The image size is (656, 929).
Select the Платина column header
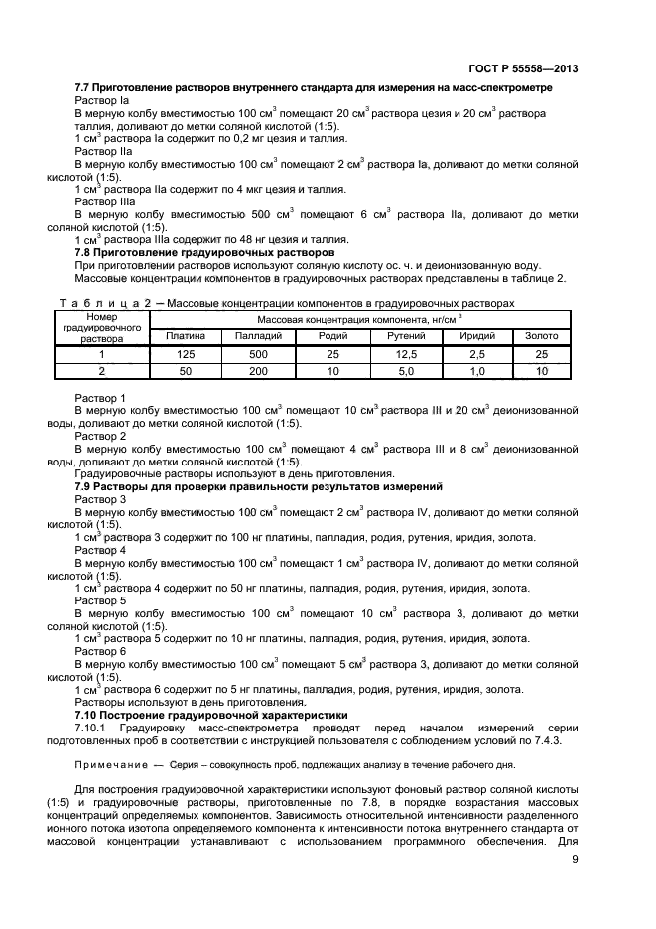coord(186,336)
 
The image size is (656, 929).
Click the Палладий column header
coord(258,336)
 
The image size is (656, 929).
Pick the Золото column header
coord(541,336)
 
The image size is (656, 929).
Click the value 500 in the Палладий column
coord(258,353)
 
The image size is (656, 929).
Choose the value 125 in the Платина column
coord(186,353)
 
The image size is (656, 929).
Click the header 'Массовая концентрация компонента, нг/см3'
coord(360,319)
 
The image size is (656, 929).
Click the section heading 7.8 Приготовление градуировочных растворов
coord(205,252)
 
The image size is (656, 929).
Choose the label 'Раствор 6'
coord(101,651)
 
